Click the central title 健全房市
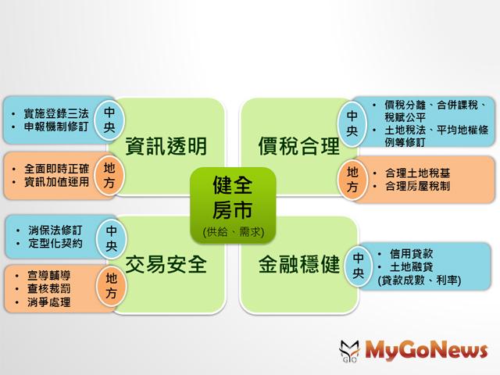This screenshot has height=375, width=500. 233,198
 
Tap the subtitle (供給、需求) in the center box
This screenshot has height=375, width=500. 234,232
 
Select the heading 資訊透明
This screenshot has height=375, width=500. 166,146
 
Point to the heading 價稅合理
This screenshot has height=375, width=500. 298,146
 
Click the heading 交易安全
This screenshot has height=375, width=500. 166,264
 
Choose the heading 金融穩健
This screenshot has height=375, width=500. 298,264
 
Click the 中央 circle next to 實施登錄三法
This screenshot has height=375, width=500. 109,120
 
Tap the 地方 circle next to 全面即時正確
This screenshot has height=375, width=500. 109,175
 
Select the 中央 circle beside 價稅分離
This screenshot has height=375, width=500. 352,123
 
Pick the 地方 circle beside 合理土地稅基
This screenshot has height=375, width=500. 352,179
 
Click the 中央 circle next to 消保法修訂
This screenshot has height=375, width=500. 111,238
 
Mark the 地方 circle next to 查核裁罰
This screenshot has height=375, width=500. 111,285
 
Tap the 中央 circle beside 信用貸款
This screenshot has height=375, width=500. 358,266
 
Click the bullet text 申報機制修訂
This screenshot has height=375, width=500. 56,127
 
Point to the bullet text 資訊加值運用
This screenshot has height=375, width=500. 56,182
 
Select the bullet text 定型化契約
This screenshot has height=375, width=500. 55,244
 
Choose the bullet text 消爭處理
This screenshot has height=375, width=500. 48,302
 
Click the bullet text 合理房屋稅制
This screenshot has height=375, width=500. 417,186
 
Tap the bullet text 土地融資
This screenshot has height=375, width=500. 412,266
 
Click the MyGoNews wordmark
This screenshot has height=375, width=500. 426,351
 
